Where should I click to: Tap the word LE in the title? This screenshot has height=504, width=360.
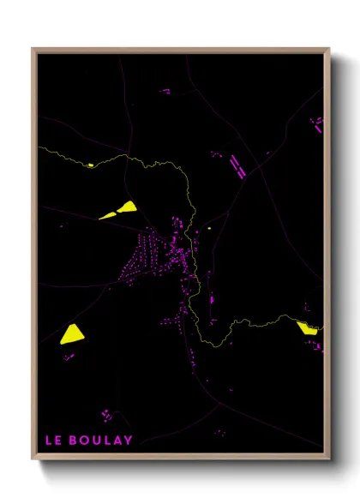click(53, 441)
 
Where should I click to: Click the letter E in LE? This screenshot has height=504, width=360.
click(58, 441)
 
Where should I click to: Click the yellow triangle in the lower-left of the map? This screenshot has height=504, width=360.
click(71, 333)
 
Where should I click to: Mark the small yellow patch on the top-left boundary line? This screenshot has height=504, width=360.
click(90, 165)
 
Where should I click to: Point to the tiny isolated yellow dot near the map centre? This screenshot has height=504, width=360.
click(208, 229)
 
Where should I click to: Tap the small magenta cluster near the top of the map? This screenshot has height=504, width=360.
click(165, 90)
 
